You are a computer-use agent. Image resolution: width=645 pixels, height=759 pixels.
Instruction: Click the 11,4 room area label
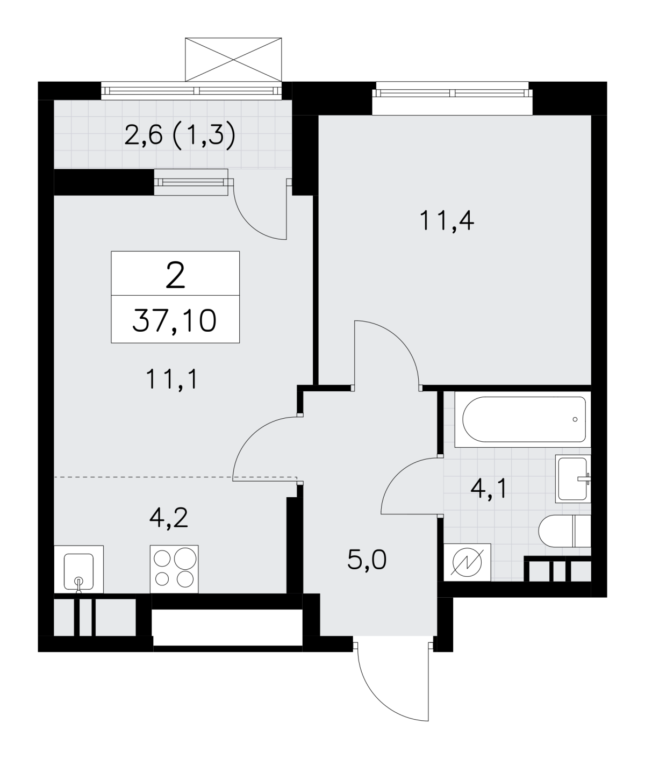pos(447,221)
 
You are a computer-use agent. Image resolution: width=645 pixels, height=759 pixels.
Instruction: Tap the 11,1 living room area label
pos(172,379)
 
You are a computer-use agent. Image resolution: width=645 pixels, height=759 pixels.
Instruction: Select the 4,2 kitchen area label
pos(169,518)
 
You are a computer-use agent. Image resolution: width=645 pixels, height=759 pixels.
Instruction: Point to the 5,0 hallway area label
pos(367,560)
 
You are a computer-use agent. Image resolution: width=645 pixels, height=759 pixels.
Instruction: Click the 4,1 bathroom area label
pos(489,489)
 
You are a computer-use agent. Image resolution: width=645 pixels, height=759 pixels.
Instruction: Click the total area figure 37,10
pos(174,320)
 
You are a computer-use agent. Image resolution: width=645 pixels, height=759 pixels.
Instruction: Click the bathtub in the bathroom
pos(523,419)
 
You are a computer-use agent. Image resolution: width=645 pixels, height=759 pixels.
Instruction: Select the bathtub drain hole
pos(575,419)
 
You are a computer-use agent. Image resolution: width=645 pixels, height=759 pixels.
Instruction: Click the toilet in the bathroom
pos(564,531)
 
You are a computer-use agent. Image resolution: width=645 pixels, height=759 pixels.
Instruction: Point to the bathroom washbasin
pos(573,479)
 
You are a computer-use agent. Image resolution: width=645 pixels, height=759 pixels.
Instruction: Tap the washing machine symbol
pos(467,563)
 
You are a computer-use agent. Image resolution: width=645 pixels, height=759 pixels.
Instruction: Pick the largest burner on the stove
pos(185,558)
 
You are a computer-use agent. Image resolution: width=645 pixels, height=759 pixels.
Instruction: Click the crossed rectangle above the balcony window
pos(233,59)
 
